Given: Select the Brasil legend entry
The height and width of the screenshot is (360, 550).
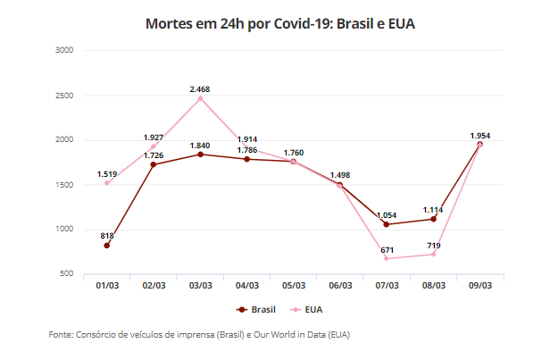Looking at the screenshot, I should click(256, 309).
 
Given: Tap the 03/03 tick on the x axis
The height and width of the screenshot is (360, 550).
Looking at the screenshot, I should click(200, 285).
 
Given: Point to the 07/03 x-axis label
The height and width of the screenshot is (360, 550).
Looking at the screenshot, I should click(387, 285).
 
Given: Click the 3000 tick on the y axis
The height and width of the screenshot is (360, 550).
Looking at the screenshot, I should click(63, 51).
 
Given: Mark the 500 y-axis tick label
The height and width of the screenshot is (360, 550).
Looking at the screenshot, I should click(67, 274).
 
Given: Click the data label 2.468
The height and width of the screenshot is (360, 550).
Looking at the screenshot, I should click(200, 89).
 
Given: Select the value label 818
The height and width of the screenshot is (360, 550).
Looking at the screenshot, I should click(107, 236).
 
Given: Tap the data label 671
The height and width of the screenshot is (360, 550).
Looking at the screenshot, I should click(387, 249).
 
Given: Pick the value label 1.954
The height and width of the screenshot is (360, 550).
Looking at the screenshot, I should click(480, 136).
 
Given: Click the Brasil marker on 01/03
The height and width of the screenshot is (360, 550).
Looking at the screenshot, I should click(107, 246).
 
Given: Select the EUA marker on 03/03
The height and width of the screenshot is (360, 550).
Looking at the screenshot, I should click(200, 98).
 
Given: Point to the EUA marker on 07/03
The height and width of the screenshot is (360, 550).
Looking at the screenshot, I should click(387, 258).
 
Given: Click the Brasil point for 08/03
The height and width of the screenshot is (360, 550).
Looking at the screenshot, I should click(433, 219).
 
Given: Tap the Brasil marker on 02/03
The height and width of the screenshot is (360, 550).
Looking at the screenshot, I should click(154, 164).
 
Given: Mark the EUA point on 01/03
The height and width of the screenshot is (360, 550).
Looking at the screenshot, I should click(107, 183).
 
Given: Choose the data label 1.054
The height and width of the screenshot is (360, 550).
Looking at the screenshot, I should click(387, 215).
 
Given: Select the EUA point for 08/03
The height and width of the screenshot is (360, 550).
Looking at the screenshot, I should click(433, 254).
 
